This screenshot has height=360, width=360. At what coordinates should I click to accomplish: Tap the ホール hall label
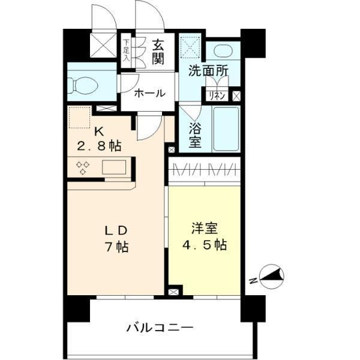tap(147, 93)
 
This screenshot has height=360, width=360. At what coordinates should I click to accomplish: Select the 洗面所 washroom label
tap(208, 70)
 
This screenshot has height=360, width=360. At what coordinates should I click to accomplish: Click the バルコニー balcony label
tap(160, 328)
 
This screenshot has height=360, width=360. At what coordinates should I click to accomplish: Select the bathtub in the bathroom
tap(226, 128)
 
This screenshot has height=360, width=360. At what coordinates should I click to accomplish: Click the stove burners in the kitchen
tap(82, 166)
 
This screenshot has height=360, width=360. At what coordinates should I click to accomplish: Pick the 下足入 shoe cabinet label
tap(126, 51)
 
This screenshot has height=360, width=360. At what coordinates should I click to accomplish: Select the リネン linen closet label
tap(217, 95)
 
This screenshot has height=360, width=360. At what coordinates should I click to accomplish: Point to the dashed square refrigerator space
tap(79, 117)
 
